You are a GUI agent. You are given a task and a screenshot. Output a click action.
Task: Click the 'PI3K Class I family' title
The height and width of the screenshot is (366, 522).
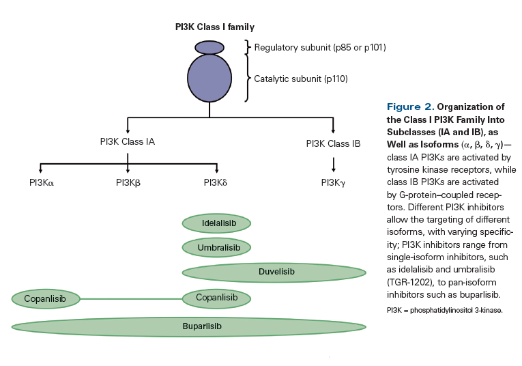point(214,27)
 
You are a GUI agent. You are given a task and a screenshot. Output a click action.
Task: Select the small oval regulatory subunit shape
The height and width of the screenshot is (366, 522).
point(209,48)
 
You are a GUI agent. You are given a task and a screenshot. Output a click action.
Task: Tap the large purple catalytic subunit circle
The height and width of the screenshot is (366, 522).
point(210,79)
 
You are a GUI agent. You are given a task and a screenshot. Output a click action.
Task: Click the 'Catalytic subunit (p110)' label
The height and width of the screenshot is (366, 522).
point(301,79)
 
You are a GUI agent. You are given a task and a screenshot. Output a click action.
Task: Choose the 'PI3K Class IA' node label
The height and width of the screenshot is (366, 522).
point(128,142)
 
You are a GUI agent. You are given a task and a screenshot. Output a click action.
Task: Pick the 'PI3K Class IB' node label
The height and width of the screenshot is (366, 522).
point(333,143)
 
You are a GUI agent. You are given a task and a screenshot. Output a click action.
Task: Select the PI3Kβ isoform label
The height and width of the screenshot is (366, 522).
point(128,182)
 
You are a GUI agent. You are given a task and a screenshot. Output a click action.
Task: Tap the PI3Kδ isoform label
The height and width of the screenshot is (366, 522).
point(217,182)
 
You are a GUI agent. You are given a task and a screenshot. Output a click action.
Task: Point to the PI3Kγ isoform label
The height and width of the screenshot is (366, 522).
point(333,182)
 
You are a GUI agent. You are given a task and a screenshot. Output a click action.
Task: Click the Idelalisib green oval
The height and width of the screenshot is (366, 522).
point(216,223)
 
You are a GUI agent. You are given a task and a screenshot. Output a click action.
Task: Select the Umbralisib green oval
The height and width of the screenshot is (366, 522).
point(216,247)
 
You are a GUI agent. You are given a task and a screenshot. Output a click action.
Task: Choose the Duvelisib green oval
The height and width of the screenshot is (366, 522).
point(274,272)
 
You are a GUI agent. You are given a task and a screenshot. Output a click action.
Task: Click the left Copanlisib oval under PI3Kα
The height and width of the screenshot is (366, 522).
point(46,298)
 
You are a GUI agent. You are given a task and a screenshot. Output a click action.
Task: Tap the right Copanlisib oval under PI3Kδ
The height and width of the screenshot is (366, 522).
point(216,298)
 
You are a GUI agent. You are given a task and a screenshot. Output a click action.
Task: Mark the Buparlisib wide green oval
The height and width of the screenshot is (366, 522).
point(189,326)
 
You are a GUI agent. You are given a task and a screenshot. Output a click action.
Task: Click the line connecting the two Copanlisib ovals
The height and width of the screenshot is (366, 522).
point(131,298)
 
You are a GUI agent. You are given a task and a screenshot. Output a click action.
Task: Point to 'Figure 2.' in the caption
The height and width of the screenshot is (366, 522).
point(409,107)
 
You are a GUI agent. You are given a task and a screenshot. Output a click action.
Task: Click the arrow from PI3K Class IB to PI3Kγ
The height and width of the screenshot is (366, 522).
point(333,164)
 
